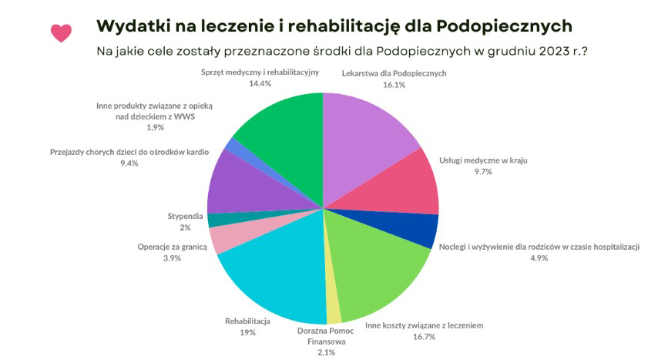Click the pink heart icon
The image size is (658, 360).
(61, 32)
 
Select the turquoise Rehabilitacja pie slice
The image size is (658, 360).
(270, 278)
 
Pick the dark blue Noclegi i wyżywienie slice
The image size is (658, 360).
(421, 230)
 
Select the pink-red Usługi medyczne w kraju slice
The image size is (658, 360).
(408, 185)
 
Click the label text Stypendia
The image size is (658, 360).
(185, 215)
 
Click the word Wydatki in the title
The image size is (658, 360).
(129, 25)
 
